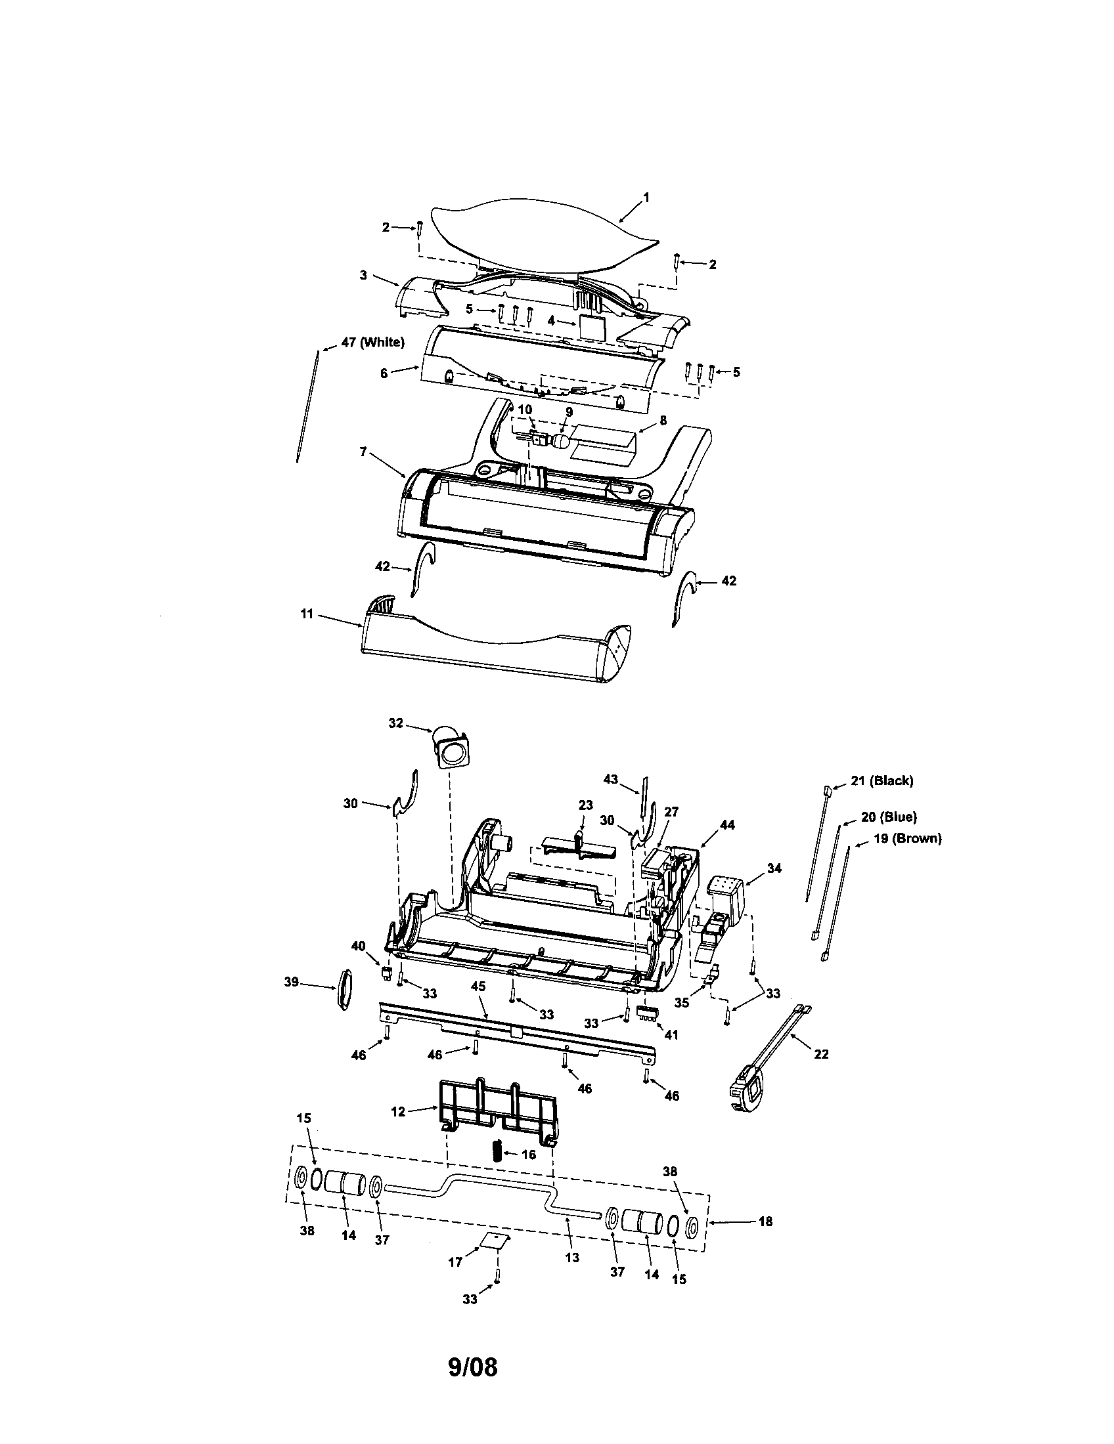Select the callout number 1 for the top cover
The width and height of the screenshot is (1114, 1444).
click(x=646, y=198)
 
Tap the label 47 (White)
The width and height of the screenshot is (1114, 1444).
click(x=372, y=343)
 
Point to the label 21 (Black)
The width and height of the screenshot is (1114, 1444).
click(x=881, y=780)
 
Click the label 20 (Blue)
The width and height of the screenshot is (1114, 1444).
click(x=889, y=817)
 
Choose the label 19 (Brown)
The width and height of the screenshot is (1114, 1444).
click(x=907, y=838)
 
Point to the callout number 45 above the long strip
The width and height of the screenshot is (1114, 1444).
click(x=478, y=986)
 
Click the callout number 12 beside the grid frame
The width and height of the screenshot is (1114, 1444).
click(x=397, y=1111)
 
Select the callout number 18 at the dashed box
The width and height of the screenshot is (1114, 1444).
click(x=765, y=1221)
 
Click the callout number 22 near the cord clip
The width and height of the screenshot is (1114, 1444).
click(x=820, y=1055)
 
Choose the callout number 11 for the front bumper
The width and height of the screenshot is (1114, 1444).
click(x=306, y=614)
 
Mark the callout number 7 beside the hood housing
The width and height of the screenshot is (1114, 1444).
click(x=363, y=452)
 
